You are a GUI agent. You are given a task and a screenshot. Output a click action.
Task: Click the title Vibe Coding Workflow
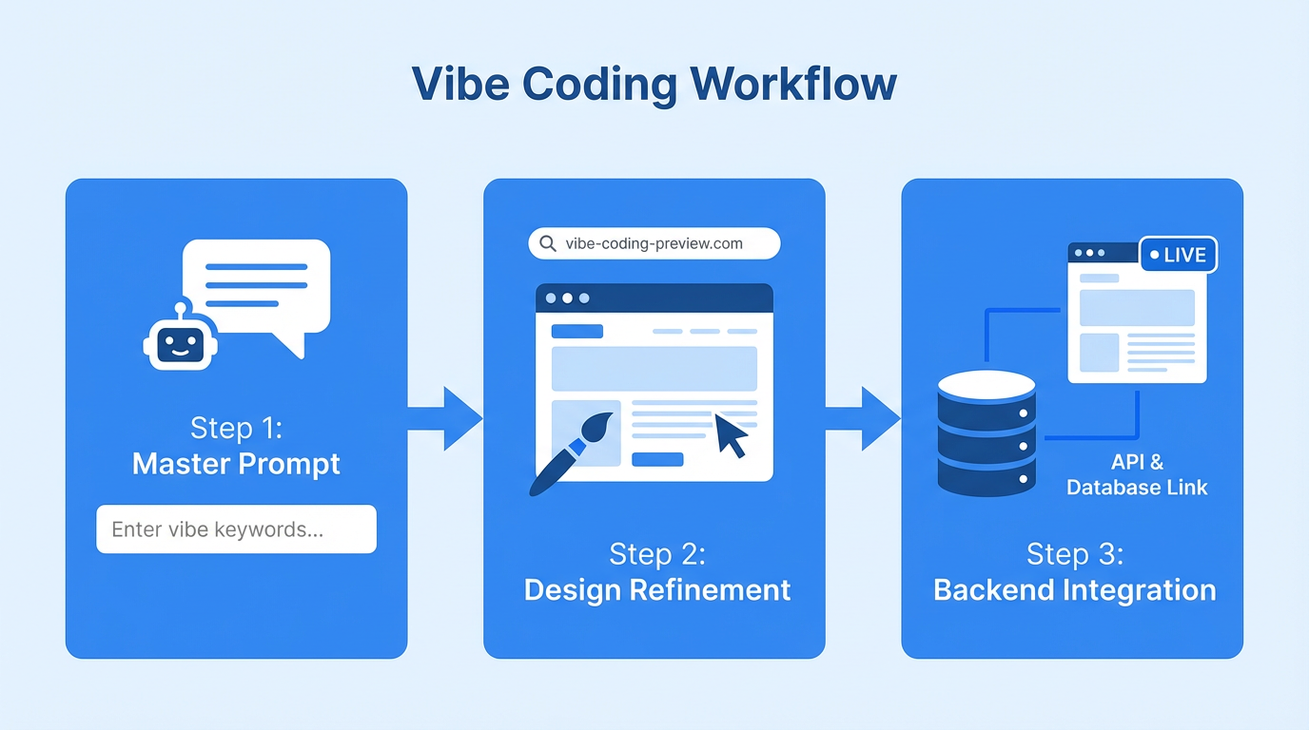coord(654,85)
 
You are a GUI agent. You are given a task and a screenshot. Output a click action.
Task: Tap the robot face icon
coord(180,342)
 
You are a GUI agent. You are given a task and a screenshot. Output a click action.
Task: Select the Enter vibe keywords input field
coord(236,529)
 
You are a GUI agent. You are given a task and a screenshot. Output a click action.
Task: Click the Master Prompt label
coord(236,464)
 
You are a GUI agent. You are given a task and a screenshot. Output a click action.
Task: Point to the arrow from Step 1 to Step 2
coord(445,418)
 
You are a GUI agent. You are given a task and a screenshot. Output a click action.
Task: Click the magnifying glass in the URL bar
coord(548,243)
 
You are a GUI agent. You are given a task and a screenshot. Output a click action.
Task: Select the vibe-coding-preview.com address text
coord(654,243)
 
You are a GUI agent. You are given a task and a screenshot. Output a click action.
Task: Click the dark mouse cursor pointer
coord(731,434)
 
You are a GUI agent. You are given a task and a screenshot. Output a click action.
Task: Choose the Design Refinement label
coord(656,589)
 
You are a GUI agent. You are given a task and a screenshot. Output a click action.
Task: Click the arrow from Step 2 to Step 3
coord(863,418)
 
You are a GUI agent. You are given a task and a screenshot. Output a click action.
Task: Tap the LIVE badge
coord(1178,255)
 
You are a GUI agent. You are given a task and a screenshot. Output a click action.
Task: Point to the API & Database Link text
coord(1137,475)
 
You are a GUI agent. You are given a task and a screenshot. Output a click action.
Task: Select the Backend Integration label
coord(1074,589)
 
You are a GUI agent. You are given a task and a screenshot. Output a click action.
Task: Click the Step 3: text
coord(1074,554)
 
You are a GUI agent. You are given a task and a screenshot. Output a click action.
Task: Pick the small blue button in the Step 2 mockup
coord(657,459)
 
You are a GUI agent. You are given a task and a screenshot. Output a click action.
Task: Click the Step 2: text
coord(656,554)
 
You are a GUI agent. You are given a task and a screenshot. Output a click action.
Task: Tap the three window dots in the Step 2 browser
coord(567,298)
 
